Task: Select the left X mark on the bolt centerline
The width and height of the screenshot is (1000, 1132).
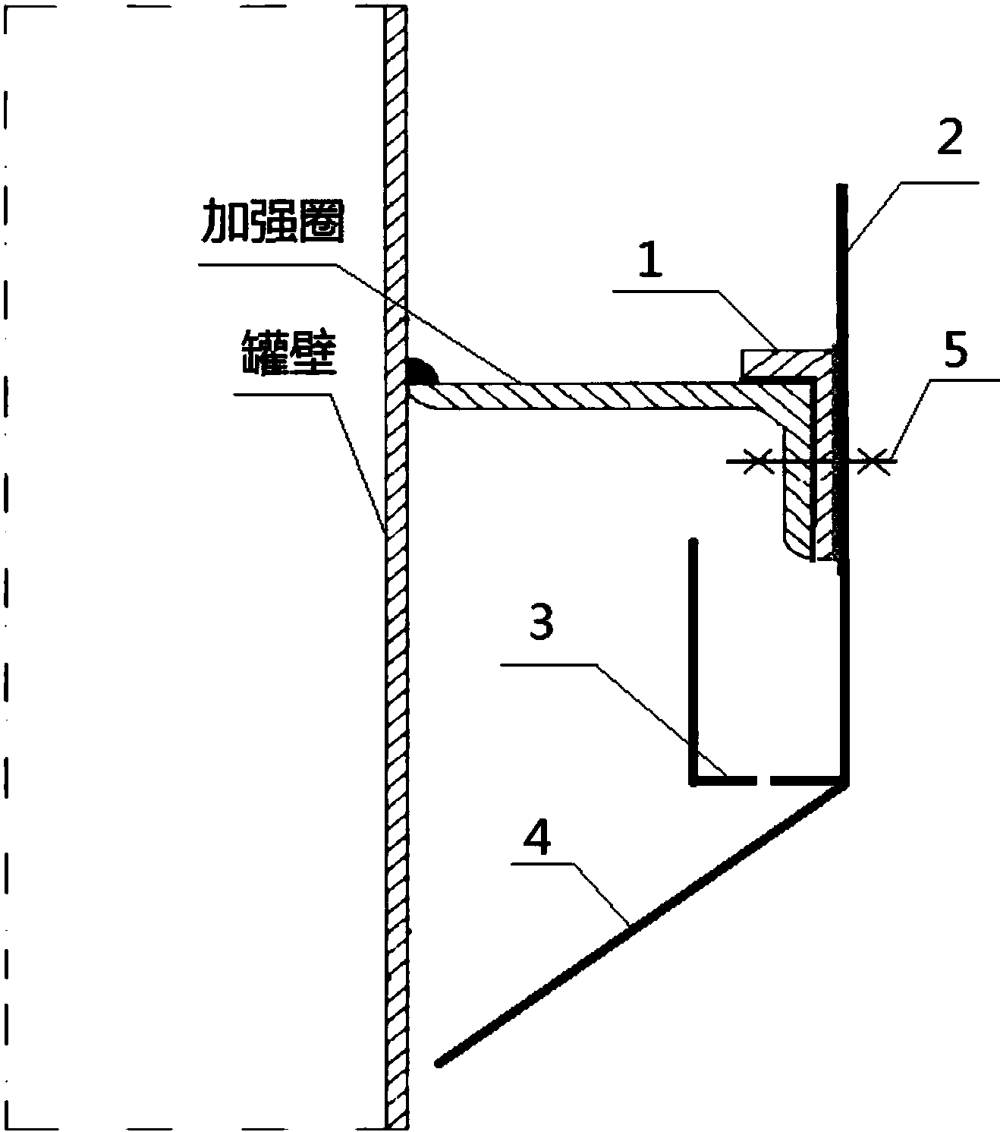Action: click(756, 460)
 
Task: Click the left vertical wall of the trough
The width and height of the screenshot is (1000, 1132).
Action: click(693, 661)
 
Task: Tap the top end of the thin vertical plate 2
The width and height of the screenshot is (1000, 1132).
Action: click(842, 187)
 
